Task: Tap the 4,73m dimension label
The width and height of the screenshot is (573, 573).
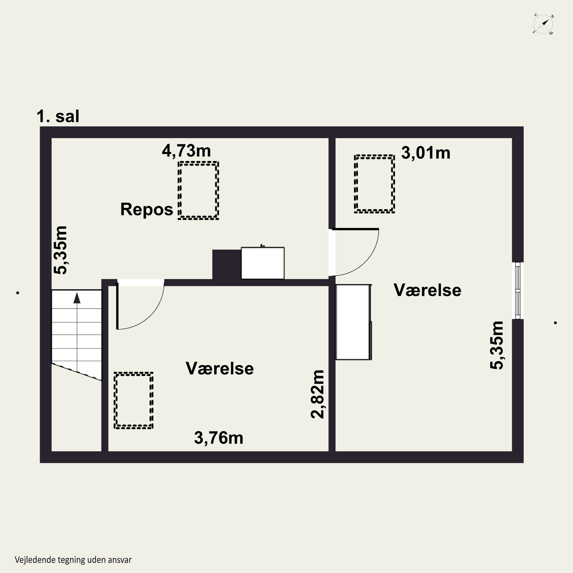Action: coord(186,151)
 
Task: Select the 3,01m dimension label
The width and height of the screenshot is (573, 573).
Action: coord(426,153)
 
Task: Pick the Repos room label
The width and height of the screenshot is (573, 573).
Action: coord(146,209)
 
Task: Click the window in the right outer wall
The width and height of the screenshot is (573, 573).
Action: coord(518,291)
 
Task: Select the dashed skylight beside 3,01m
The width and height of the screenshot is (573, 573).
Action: coord(374,184)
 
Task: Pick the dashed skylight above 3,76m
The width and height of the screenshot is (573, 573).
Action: coord(134,400)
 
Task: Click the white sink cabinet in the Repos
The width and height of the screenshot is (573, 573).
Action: coord(263,263)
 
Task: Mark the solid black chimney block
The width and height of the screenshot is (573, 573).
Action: coord(227,265)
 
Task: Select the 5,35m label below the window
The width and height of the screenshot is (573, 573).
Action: coord(496,345)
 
